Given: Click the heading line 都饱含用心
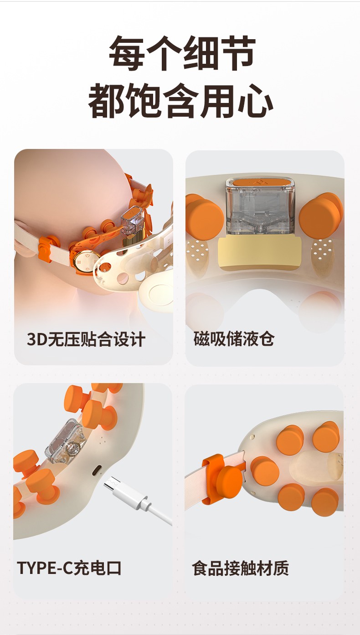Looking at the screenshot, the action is tap(180, 101).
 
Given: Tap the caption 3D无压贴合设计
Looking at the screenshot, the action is tap(86, 339).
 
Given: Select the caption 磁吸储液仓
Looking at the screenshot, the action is tap(234, 338).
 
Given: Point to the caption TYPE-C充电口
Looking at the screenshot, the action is tap(69, 568).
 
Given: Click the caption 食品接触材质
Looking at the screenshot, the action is tap(240, 568).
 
